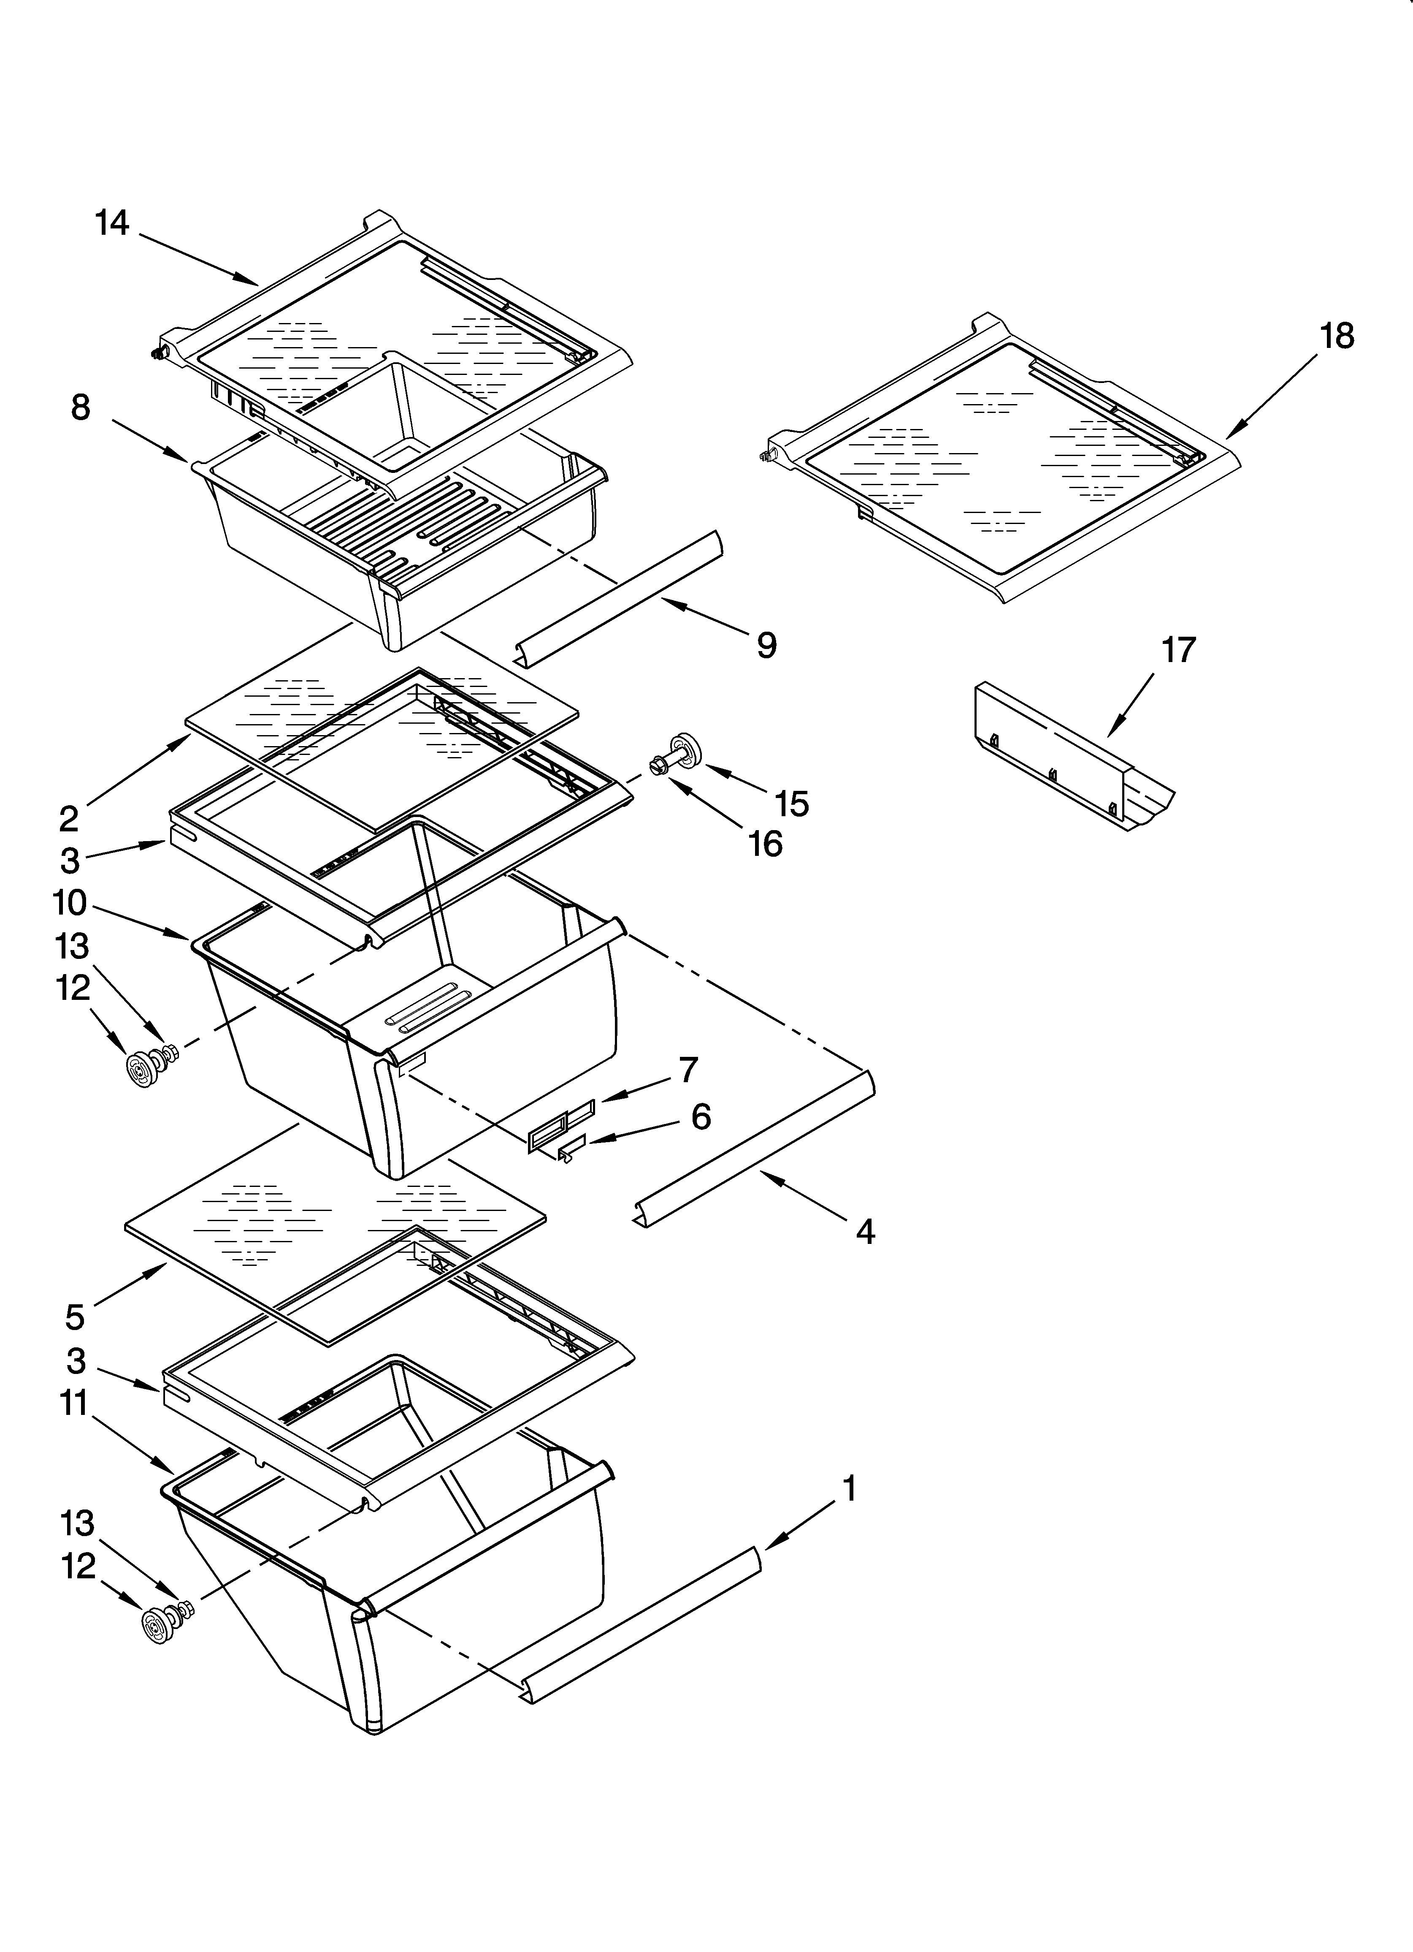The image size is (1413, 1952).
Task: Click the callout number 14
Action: tap(112, 224)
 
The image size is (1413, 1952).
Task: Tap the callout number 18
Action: tap(1337, 336)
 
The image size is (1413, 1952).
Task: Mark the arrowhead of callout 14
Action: tap(257, 282)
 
